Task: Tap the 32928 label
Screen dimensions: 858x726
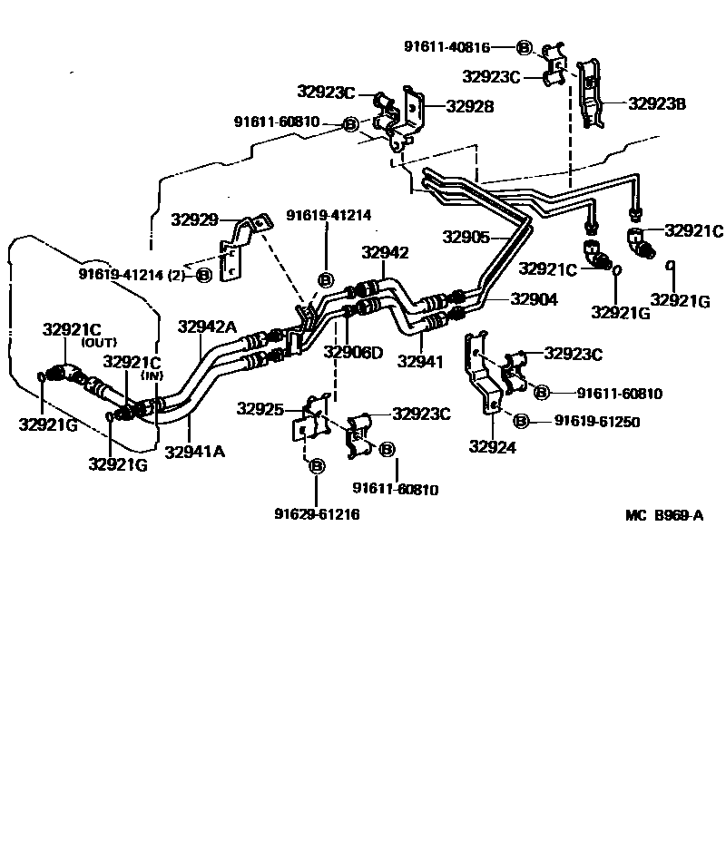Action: click(469, 106)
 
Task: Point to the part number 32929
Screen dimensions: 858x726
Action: click(194, 219)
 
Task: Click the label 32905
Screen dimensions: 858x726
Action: click(466, 238)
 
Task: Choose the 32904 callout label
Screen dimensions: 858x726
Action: click(534, 298)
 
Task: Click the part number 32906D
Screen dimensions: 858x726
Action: click(353, 352)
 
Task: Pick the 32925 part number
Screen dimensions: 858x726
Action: click(260, 409)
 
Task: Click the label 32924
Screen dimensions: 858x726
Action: click(492, 445)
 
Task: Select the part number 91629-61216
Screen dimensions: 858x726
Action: click(317, 514)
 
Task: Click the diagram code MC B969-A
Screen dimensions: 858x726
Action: click(664, 515)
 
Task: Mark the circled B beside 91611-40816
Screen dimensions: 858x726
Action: click(525, 47)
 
